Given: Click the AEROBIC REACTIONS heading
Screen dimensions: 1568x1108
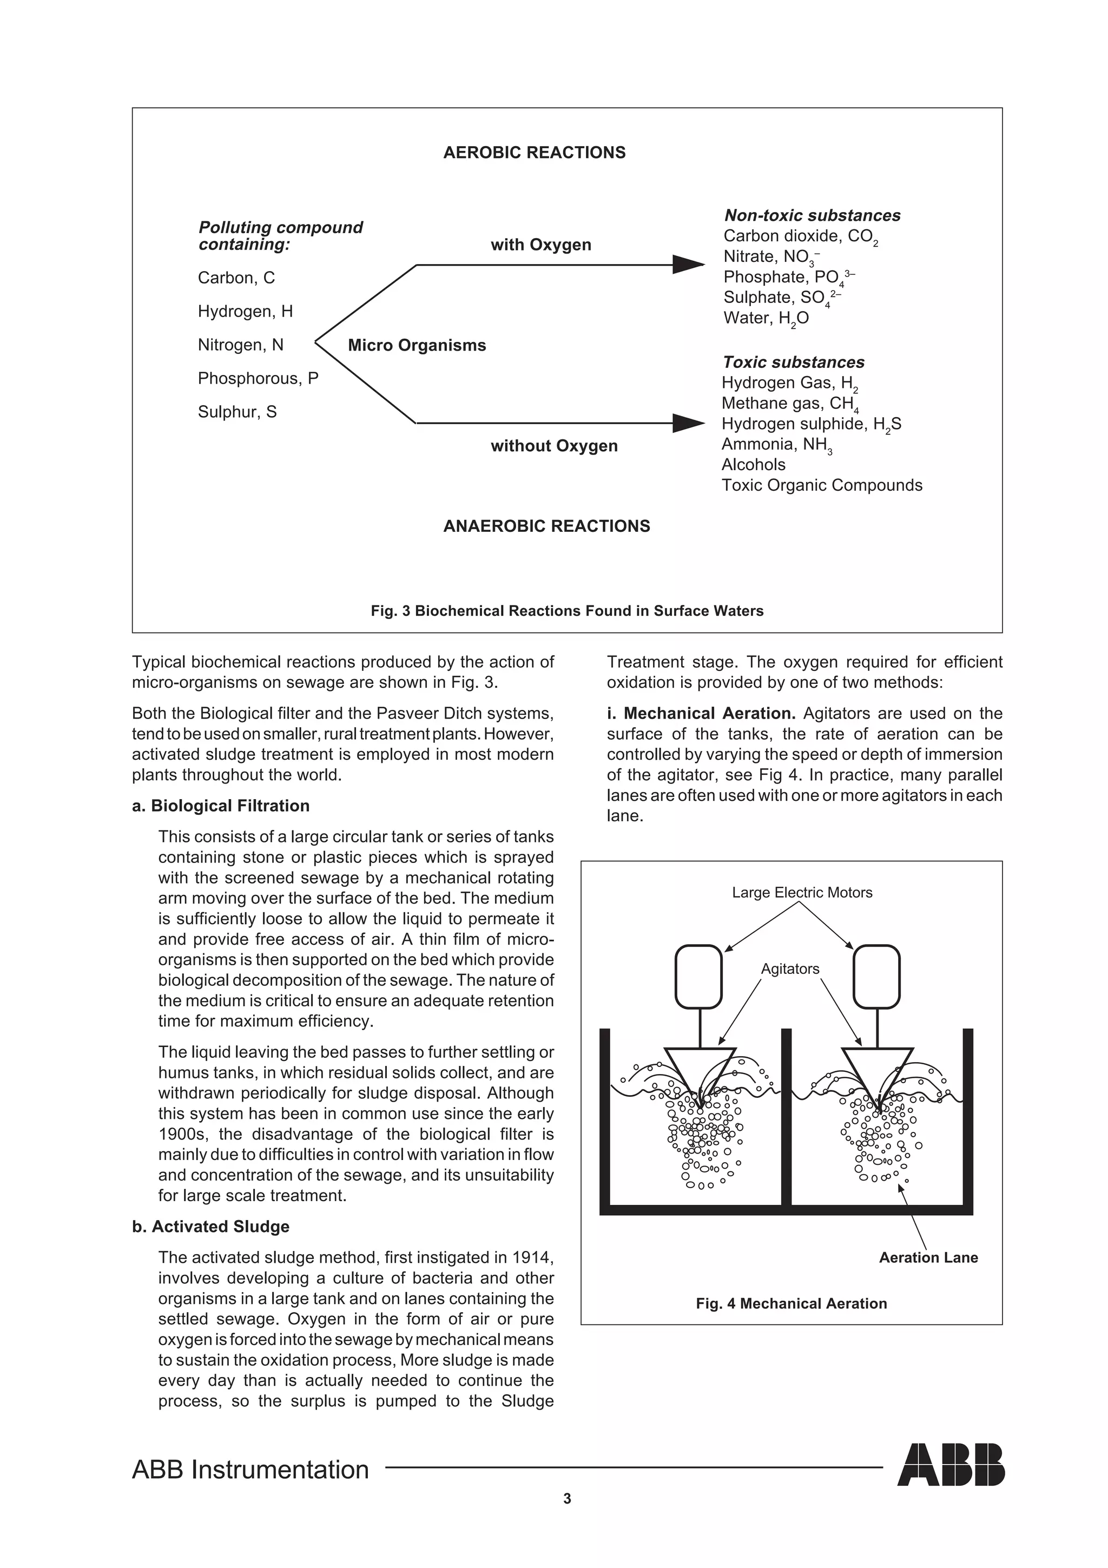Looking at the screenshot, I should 534,152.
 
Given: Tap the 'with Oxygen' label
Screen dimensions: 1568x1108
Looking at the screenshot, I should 540,245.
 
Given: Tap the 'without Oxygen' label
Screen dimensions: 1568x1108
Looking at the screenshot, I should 553,446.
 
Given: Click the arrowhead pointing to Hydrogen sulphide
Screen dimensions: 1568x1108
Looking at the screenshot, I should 688,424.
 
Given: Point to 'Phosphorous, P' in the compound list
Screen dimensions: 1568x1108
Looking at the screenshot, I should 258,378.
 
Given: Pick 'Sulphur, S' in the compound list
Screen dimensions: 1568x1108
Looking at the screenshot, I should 237,412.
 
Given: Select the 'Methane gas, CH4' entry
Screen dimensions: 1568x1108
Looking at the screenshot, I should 790,404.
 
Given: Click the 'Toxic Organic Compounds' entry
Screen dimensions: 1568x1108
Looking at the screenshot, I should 821,485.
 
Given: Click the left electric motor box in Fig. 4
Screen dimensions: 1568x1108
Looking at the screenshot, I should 698,977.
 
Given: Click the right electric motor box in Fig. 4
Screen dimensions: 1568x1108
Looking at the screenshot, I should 876,977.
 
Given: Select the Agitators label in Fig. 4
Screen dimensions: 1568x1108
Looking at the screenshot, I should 790,969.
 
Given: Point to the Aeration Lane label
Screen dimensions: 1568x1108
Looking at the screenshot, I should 928,1257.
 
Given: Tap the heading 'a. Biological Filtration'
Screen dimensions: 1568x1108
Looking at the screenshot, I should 221,806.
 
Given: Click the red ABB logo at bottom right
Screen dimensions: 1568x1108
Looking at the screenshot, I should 951,1484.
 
